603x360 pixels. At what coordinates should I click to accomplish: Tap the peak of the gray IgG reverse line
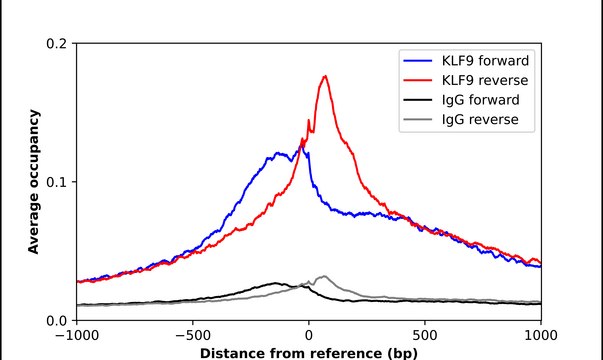322,276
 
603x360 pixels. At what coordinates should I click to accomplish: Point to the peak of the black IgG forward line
275,283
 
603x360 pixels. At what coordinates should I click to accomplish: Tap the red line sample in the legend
418,79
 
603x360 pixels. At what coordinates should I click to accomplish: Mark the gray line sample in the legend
418,120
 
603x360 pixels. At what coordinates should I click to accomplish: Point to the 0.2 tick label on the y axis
58,44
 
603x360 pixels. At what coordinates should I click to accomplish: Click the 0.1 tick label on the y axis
58,182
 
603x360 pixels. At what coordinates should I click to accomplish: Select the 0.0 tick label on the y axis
58,320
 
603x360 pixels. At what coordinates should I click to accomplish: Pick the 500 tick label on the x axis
425,336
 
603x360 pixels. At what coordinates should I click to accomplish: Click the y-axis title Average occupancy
34,182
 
